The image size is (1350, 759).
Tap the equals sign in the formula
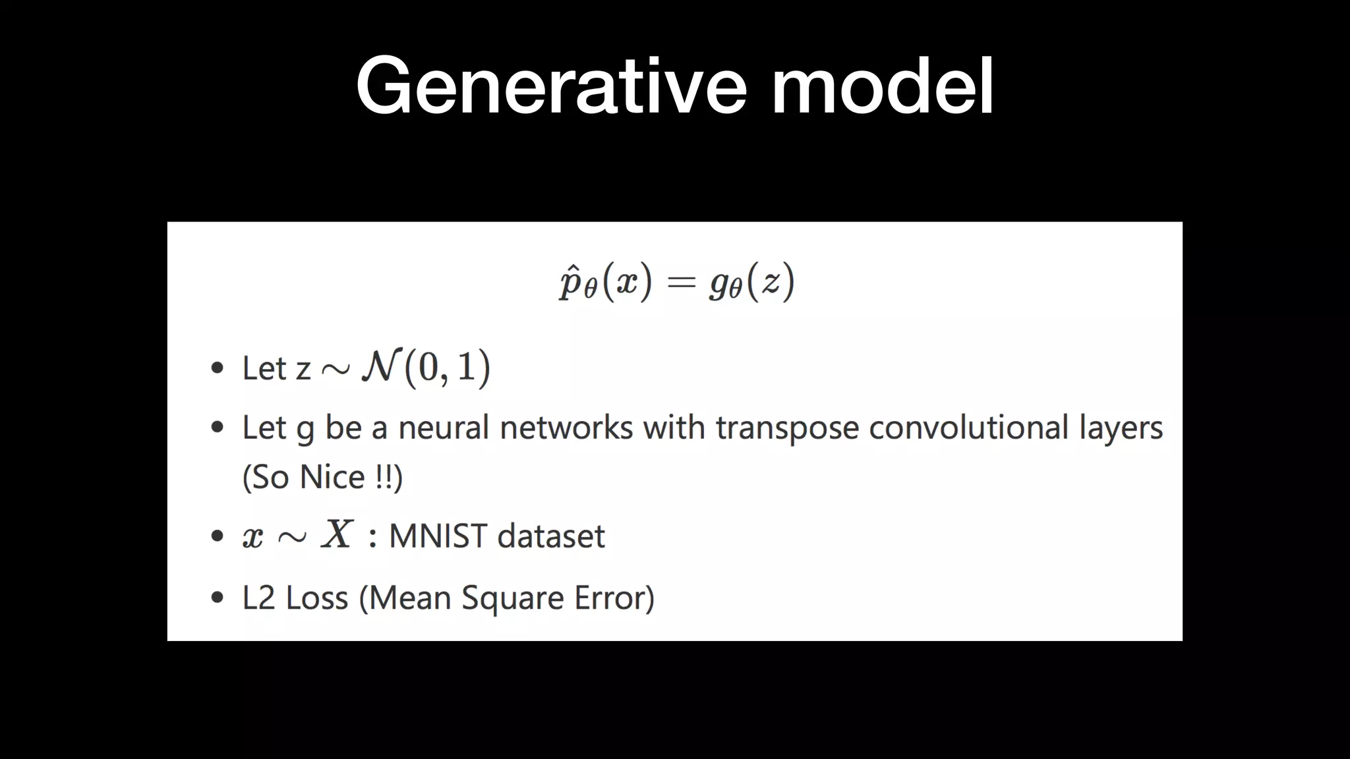681,283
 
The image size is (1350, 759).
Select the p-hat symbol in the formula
571,283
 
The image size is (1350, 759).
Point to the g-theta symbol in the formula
725,284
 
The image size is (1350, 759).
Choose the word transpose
787,429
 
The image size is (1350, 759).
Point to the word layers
1121,429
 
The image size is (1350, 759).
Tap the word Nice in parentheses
332,477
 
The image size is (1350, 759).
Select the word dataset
550,536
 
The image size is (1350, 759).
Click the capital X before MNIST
337,534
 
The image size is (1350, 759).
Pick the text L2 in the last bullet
258,598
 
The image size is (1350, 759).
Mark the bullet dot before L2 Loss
217,598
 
